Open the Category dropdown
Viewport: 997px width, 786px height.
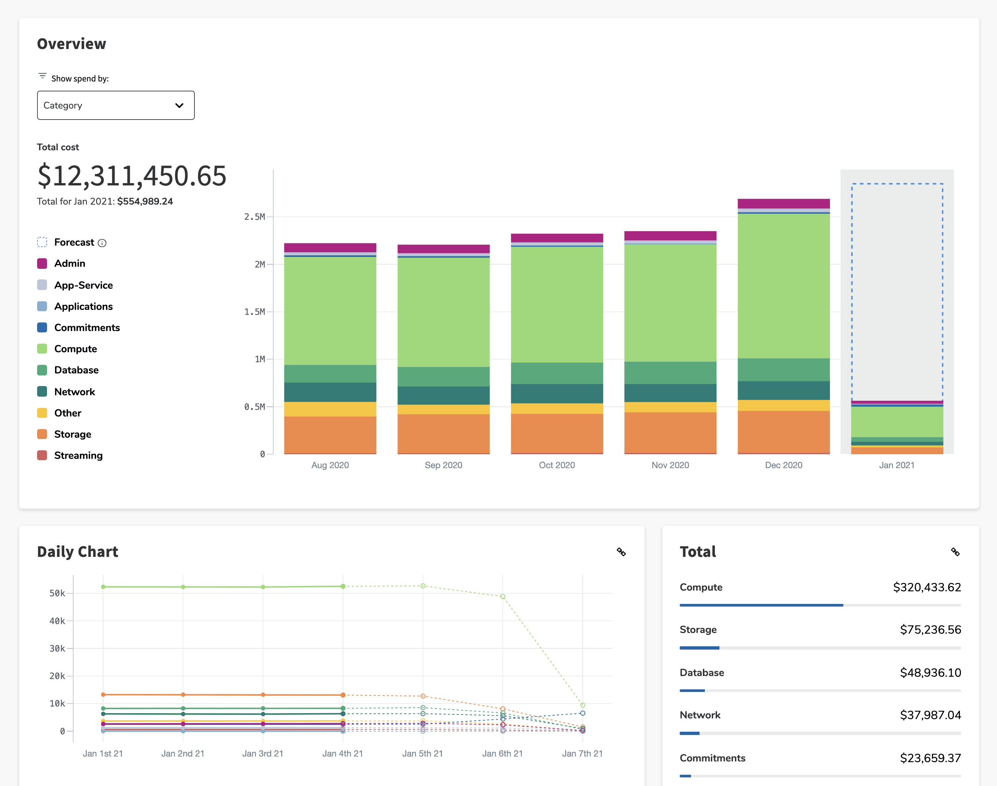116,105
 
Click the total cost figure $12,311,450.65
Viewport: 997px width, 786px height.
131,175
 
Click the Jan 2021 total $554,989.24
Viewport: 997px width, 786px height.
145,202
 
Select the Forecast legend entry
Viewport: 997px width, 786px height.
74,242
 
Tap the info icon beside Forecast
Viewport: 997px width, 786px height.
102,243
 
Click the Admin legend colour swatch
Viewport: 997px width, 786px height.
42,263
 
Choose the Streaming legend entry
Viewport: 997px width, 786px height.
78,455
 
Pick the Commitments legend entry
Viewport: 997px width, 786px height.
87,328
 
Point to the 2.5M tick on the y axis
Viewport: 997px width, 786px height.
254,217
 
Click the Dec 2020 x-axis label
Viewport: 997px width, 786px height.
783,465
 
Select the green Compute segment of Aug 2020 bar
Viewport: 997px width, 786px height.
330,311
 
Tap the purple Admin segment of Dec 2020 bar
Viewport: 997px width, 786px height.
783,203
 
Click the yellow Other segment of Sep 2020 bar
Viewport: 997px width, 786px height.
443,409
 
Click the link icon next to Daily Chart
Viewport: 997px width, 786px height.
621,552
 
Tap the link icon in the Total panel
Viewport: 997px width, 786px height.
955,552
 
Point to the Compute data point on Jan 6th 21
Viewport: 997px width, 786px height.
503,596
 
